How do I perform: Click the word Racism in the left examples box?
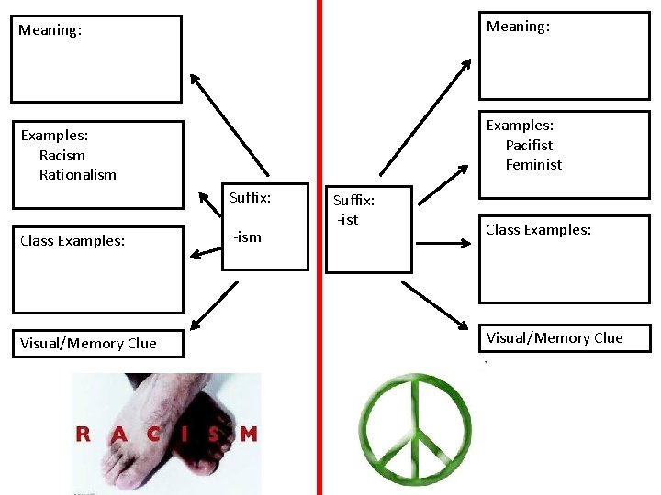(x=62, y=155)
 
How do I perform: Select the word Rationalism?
(x=78, y=174)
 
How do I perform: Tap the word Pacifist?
(x=529, y=145)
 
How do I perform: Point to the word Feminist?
(x=533, y=165)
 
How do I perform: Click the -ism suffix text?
(x=247, y=237)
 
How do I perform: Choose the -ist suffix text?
(x=347, y=219)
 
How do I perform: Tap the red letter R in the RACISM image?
(x=83, y=434)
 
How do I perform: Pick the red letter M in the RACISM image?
(x=248, y=434)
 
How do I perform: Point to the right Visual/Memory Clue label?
(x=555, y=338)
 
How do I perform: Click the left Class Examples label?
(x=73, y=241)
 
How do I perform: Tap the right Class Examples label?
(x=538, y=230)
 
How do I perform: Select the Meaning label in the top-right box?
(x=518, y=27)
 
